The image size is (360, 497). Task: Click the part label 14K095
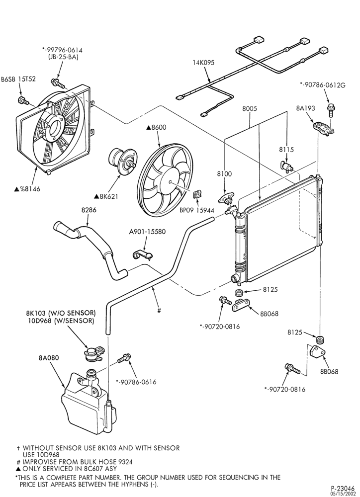pos(203,63)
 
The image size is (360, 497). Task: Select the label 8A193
pos(305,108)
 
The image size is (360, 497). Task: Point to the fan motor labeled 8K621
pos(122,160)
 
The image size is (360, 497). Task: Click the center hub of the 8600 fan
pos(171,181)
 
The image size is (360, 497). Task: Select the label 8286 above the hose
pos(89,210)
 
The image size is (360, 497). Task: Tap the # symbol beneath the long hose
pos(159,310)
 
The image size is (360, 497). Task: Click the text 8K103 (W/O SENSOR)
pos(61,313)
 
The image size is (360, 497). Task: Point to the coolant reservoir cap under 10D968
pos(93,353)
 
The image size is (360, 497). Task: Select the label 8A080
pos(48,358)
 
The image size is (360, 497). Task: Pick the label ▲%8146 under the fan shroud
pos(27,189)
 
